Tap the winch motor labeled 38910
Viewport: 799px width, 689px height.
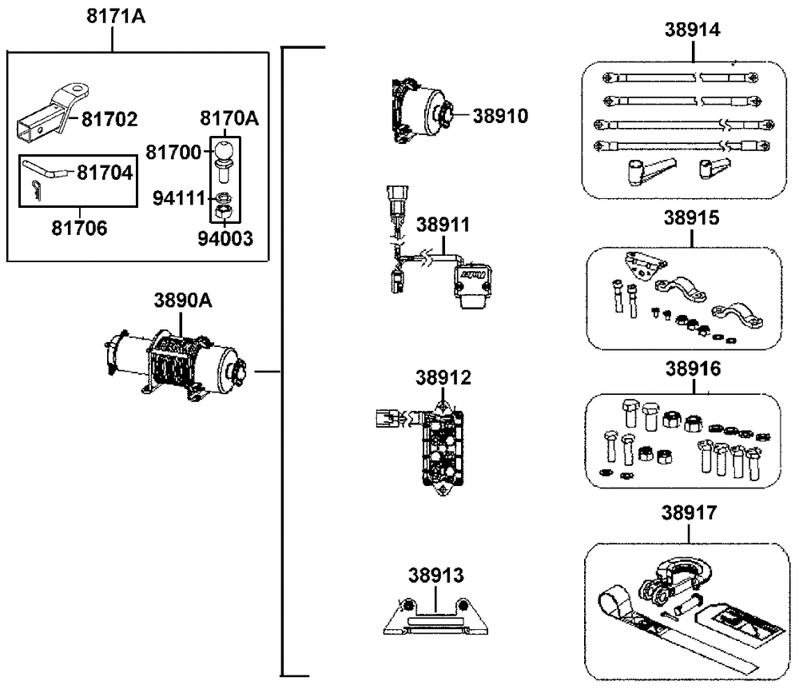(421, 112)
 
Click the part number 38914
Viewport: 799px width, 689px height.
(693, 30)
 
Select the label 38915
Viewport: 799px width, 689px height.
(692, 217)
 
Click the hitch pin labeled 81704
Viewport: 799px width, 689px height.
(51, 169)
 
